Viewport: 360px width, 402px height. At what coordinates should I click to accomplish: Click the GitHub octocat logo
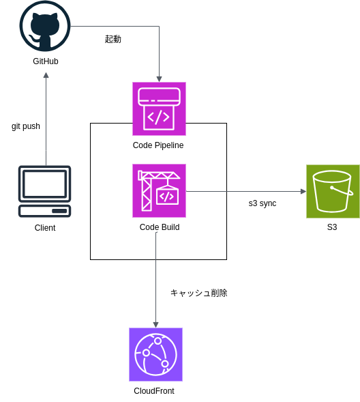click(45, 26)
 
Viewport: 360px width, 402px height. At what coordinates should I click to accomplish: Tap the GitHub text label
click(46, 61)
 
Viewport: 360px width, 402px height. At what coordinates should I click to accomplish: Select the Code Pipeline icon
click(159, 109)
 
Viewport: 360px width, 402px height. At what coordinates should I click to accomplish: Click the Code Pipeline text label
click(158, 145)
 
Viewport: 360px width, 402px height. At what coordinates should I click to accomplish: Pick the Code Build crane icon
click(159, 190)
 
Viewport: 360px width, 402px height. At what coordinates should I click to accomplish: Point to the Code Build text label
click(160, 227)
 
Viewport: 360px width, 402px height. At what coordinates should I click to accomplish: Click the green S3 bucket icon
click(333, 191)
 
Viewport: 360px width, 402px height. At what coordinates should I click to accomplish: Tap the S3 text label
click(332, 227)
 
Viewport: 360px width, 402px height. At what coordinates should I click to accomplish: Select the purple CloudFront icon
click(155, 354)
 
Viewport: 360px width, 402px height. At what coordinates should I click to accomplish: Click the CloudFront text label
click(154, 391)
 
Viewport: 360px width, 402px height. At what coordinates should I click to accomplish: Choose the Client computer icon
click(45, 191)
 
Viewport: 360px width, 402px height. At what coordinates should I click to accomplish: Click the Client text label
click(45, 228)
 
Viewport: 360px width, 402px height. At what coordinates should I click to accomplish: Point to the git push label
click(26, 126)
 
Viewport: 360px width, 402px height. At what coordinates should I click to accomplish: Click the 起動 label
click(113, 40)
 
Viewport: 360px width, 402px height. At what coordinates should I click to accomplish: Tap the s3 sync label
click(262, 203)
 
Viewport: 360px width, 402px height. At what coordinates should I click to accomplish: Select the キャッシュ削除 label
click(198, 293)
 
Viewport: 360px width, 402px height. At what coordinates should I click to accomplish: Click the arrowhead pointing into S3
click(303, 191)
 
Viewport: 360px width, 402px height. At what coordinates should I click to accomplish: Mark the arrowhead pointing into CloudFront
click(155, 325)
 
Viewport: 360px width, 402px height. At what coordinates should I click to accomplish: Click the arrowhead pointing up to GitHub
click(46, 75)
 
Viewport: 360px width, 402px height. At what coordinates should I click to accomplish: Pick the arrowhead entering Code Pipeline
click(159, 78)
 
